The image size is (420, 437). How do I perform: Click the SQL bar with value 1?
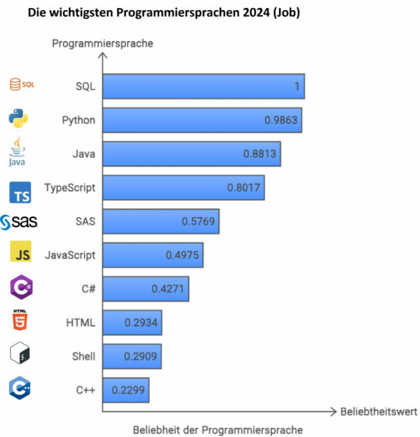pos(203,86)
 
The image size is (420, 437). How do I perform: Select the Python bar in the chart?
pos(202,120)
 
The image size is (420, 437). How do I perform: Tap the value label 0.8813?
pos(260,154)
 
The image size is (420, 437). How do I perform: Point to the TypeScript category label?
pos(70,188)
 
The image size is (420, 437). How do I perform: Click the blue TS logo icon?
pos(20,192)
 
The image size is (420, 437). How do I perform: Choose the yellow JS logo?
pos(21,251)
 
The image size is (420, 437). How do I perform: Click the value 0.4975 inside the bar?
pos(182,255)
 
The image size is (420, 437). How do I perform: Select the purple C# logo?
pos(21,287)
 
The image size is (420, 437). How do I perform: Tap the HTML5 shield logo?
pos(20,320)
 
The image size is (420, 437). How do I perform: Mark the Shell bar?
pos(132,356)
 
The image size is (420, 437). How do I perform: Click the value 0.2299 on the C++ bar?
pos(128,390)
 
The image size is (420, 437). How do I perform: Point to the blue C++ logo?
pos(20,388)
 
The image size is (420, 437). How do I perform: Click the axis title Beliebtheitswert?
pos(379,412)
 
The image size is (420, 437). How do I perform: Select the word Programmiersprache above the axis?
pos(103,43)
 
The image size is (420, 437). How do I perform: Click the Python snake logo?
pos(18,118)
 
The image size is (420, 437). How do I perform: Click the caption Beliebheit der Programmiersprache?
pos(218,430)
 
